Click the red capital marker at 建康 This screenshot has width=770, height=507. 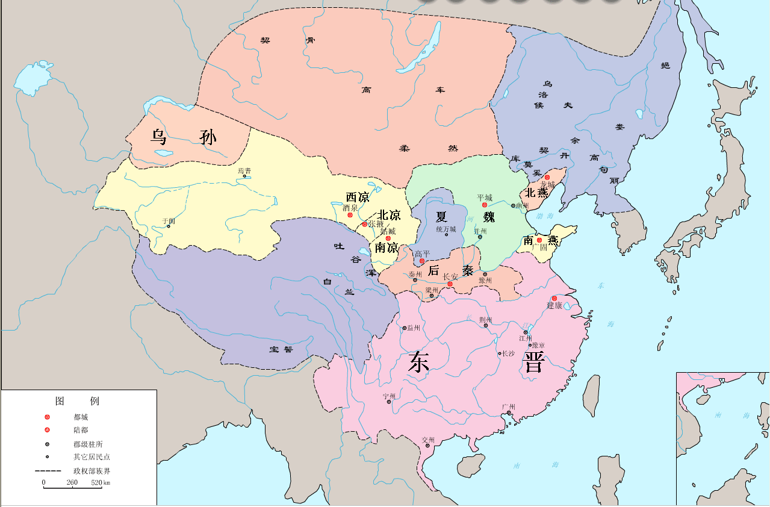[554, 298]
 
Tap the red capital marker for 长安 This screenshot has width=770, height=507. [450, 284]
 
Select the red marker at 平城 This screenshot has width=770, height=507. [485, 205]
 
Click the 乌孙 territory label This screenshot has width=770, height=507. [183, 138]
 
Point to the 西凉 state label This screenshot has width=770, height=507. [357, 198]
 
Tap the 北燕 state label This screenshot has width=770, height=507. [536, 193]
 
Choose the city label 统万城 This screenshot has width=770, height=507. [446, 229]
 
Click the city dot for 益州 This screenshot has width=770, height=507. [404, 328]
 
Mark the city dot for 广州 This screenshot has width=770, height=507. [509, 413]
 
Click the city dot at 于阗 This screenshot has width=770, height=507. [168, 226]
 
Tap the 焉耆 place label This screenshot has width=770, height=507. [244, 171]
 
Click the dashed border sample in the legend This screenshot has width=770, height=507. [48, 470]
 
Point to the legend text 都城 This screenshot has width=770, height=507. [81, 417]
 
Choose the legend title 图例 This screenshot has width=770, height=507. [77, 401]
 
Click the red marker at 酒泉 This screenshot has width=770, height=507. [350, 215]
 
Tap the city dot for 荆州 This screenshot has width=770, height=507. [486, 325]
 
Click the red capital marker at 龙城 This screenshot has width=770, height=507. [547, 178]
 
